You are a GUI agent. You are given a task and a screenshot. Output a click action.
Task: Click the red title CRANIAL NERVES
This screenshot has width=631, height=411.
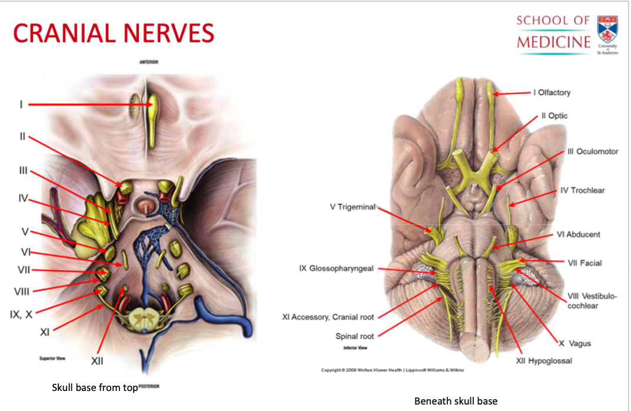pos(114,33)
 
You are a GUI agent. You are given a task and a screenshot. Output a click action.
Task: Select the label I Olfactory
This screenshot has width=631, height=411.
pos(552,92)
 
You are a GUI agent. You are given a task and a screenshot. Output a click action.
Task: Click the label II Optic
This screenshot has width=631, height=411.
pos(554,116)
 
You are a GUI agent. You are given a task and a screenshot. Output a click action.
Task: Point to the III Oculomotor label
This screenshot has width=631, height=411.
pos(593,151)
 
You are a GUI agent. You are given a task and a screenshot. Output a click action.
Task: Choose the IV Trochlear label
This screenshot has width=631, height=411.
pos(582,190)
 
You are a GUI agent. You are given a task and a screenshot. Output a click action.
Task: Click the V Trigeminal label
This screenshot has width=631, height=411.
pos(353,207)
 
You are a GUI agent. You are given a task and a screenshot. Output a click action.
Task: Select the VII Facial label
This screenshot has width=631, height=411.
pos(584,263)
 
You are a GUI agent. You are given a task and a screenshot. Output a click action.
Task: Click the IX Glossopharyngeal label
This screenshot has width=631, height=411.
pos(336,269)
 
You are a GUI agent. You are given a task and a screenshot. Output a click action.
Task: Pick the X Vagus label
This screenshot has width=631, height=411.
pos(574,343)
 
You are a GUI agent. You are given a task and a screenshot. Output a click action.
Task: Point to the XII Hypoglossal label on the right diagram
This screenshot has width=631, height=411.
pos(543,360)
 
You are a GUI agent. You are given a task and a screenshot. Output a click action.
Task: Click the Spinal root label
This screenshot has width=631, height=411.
pos(355,336)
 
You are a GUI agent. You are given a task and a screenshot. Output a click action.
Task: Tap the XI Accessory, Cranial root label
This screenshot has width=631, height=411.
pos(328,317)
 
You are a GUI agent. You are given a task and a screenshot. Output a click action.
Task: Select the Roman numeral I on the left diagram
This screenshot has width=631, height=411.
pos(21,104)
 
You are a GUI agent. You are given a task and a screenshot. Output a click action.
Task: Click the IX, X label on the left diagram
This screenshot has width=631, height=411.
pos(21,314)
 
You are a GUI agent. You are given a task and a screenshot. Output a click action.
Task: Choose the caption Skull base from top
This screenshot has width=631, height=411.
pos(95,387)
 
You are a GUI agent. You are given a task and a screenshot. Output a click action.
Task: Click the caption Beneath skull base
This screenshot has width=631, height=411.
pos(456,401)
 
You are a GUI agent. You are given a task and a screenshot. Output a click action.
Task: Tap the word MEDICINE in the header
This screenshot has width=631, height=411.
pos(553,42)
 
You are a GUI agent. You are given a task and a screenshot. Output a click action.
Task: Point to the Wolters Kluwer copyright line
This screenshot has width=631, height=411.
pos(393,370)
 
